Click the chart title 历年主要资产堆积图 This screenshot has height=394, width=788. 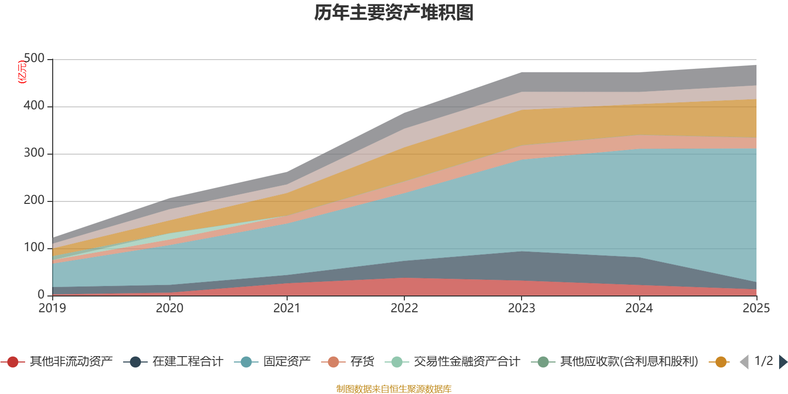pos(394,13)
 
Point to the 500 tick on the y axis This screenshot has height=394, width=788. pos(34,59)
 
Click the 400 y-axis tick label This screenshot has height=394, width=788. pos(34,106)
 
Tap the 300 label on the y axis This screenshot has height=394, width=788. pos(34,153)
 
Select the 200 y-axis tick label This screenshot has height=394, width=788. pos(34,200)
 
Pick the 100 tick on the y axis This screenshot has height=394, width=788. pos(34,248)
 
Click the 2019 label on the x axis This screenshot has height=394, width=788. pos(52,308)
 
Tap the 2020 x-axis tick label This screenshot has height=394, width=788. pos(169,308)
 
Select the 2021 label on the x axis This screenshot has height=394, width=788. pos(287,308)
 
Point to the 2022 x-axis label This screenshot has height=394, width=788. pos(404,308)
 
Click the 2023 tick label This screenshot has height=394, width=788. pos(522,308)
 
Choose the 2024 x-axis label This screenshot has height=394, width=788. pos(639,308)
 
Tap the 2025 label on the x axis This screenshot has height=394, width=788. pos(756,308)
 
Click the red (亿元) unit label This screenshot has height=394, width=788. pos(22,72)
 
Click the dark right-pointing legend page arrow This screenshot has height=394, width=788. pos(783,362)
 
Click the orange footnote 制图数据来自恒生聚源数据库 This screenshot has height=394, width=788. pos(394,389)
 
